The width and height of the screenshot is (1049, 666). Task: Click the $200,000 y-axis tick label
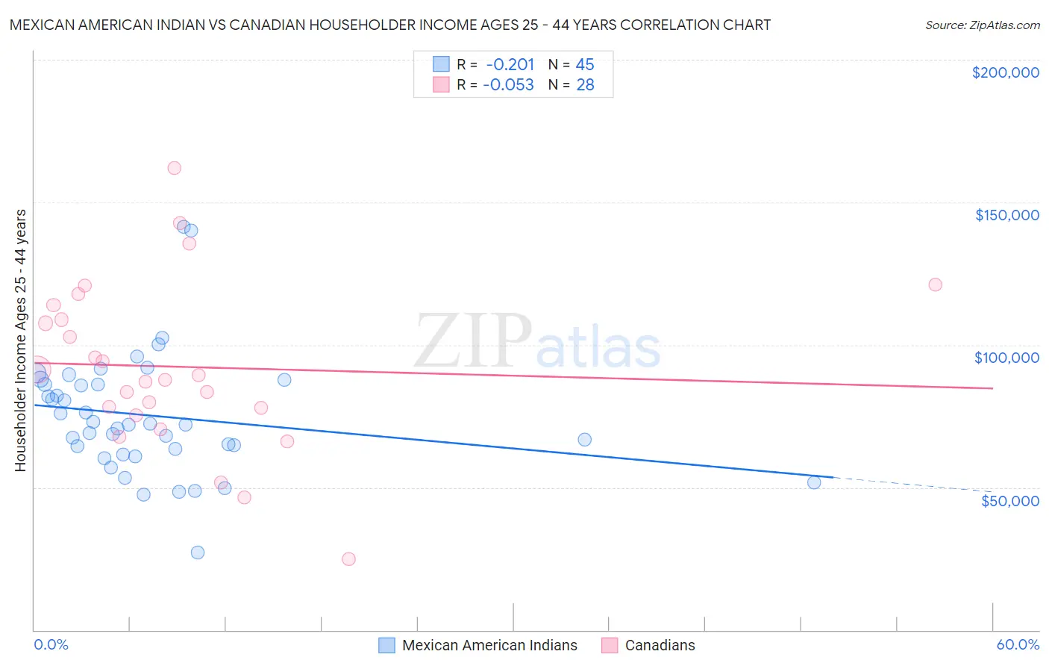(1005, 72)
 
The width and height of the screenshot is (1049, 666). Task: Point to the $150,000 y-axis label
(1006, 215)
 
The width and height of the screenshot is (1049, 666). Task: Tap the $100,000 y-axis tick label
(1006, 358)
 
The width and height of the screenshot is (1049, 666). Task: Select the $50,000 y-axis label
(1009, 500)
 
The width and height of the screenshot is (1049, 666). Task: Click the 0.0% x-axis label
(51, 644)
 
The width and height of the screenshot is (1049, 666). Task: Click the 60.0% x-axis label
(1018, 644)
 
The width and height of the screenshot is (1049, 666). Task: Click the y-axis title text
(20, 340)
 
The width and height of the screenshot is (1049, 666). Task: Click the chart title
(390, 25)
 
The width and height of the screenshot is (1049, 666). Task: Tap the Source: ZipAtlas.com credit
(982, 25)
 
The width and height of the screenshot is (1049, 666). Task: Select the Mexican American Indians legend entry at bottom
(478, 645)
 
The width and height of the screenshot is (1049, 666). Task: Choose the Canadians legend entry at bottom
(648, 645)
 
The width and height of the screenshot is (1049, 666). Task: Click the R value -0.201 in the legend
(510, 65)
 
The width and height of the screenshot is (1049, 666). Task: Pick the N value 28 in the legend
(585, 85)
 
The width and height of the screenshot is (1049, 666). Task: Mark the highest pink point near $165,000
(174, 168)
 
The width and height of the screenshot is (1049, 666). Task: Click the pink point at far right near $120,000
(935, 284)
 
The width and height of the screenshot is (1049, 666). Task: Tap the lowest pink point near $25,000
(348, 558)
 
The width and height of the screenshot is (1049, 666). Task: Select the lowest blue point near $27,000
(198, 553)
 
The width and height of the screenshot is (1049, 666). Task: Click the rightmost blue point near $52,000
(814, 482)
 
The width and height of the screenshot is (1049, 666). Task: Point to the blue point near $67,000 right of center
(584, 440)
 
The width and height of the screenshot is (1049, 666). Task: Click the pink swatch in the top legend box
(442, 85)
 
